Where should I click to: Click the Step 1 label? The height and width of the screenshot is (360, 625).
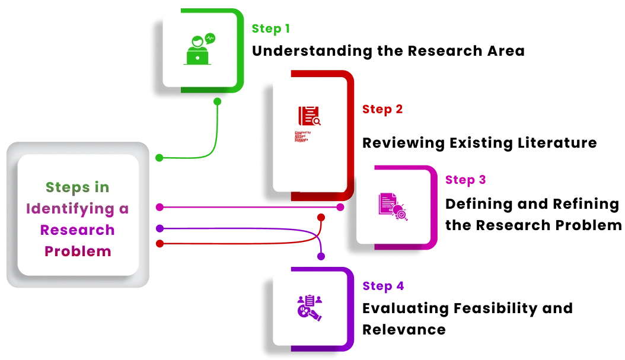[270, 28]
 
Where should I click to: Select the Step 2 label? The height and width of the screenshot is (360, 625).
[382, 109]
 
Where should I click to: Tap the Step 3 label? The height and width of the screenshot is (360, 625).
[466, 180]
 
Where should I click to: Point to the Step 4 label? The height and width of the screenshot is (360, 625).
[384, 286]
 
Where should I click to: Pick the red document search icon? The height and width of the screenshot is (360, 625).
[309, 116]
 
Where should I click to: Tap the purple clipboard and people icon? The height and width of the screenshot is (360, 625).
[309, 307]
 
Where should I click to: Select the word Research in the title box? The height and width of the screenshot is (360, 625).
[77, 230]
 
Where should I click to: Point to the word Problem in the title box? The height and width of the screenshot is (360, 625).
[78, 251]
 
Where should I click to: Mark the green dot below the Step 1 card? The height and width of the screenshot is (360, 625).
[218, 102]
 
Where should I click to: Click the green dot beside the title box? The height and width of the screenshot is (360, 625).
[160, 158]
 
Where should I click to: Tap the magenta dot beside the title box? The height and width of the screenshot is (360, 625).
[160, 207]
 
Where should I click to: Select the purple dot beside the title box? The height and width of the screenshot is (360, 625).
[160, 228]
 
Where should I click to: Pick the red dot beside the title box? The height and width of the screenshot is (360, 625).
[160, 243]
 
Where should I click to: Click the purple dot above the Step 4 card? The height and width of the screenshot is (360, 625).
[321, 257]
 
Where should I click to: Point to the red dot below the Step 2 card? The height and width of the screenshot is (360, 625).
[321, 218]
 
